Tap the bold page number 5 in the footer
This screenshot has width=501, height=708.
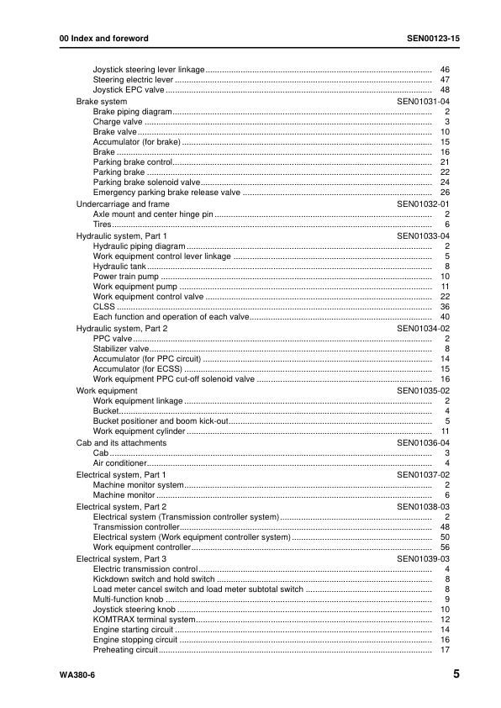[x=455, y=674]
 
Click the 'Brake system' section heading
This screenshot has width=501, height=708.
[x=102, y=101]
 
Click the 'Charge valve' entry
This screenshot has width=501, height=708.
[x=118, y=122]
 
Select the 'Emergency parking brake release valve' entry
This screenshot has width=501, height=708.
[x=166, y=193]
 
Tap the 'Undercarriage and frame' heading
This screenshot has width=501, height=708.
[x=123, y=203]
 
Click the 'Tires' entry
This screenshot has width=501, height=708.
[x=103, y=225]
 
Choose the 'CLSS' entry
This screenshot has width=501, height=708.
[x=103, y=307]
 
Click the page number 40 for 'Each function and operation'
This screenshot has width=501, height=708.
[x=446, y=317]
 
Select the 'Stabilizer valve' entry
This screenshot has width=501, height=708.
[x=121, y=348]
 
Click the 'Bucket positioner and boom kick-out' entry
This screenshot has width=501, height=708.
[x=160, y=421]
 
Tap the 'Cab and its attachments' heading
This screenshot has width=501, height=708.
[x=121, y=442]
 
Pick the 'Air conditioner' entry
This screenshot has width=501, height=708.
[x=120, y=463]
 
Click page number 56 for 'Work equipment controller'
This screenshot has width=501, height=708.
[x=446, y=547]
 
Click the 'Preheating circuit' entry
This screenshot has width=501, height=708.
[x=125, y=650]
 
